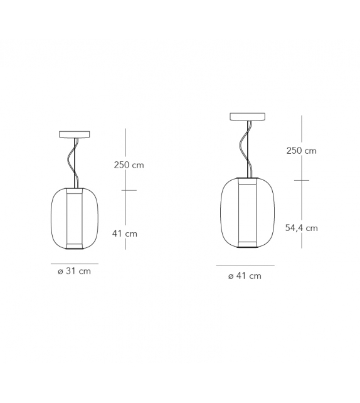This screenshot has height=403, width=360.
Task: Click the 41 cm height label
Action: (x=125, y=234)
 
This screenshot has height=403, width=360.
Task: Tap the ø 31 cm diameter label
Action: (x=75, y=271)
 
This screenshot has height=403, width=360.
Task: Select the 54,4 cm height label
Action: (x=301, y=228)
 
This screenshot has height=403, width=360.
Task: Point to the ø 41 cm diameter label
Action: (x=245, y=276)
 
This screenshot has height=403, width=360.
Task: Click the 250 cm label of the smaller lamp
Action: (x=129, y=165)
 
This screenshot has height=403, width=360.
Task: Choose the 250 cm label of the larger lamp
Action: (x=301, y=150)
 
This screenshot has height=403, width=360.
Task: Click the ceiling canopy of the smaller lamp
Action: (x=74, y=134)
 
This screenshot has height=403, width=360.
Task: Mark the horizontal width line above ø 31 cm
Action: (x=74, y=264)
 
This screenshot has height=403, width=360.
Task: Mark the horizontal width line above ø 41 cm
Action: (x=245, y=266)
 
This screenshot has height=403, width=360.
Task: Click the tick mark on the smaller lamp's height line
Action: (x=128, y=190)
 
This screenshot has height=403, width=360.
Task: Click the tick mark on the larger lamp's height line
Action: (x=301, y=180)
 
